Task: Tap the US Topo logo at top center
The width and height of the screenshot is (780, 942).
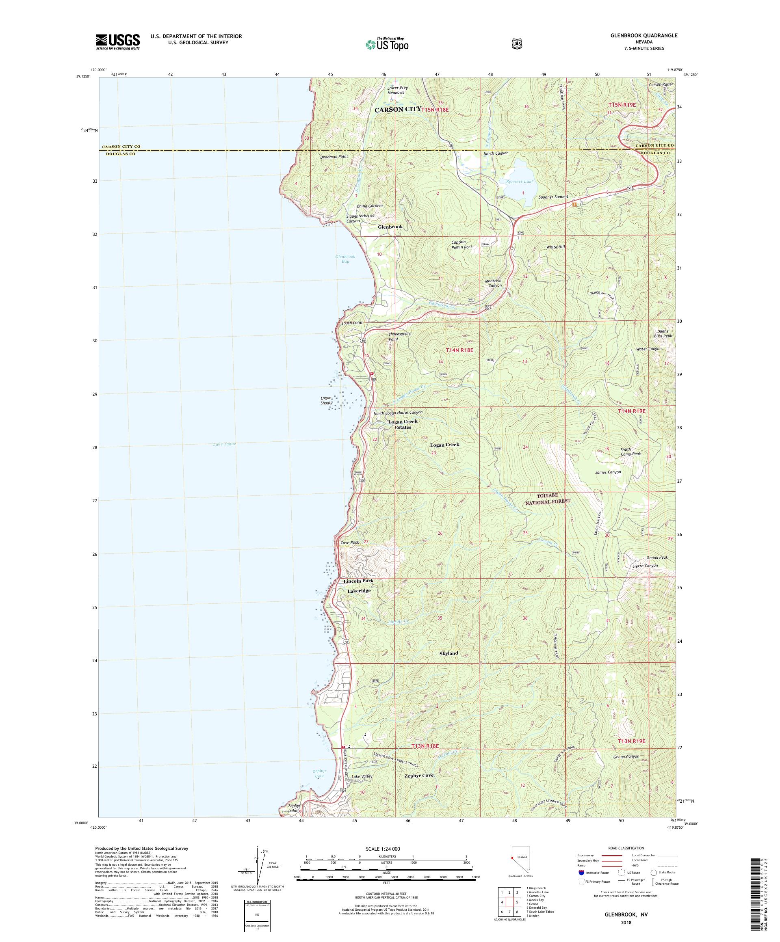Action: pyautogui.click(x=386, y=44)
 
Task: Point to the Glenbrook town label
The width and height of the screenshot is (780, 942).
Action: pyautogui.click(x=390, y=227)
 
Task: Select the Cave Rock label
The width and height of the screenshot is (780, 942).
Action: pyautogui.click(x=350, y=542)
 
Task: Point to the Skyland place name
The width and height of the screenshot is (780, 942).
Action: pyautogui.click(x=449, y=653)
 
